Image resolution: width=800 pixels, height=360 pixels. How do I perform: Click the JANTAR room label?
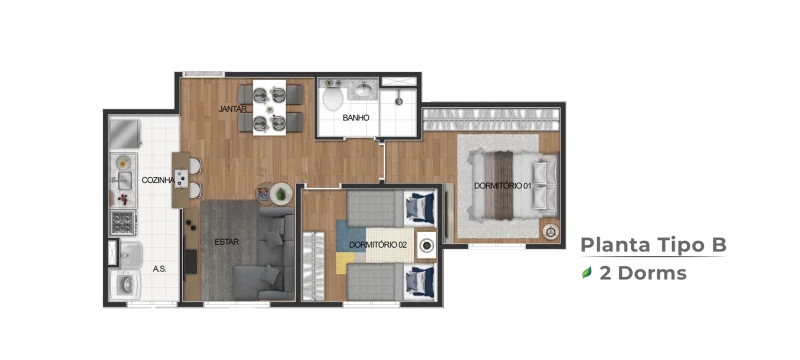click(x=233, y=109)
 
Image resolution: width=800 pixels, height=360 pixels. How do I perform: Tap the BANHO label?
click(x=356, y=118)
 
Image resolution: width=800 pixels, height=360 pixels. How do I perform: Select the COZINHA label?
click(x=158, y=180)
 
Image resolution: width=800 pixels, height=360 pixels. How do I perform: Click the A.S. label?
click(x=160, y=269)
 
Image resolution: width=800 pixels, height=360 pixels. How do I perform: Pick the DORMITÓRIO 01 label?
click(x=503, y=186)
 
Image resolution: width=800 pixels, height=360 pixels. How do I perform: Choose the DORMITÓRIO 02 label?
click(x=378, y=245)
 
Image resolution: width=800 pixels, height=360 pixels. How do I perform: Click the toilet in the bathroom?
click(x=333, y=95)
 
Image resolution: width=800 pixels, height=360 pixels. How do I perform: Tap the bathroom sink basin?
click(x=363, y=91)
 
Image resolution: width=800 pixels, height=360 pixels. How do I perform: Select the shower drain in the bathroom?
click(x=399, y=101)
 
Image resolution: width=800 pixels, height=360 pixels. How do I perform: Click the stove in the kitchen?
click(x=123, y=223)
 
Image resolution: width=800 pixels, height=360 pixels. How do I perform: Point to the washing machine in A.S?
click(x=125, y=285)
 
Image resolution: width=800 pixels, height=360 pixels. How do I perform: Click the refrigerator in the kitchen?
click(x=124, y=134)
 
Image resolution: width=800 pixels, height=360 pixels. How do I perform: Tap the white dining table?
click(x=269, y=108)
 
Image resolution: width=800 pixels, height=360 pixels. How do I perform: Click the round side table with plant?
click(x=281, y=194)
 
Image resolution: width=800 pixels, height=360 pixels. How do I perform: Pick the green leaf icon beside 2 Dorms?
click(x=587, y=273)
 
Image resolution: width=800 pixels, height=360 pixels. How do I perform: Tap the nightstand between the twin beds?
click(x=426, y=246)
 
